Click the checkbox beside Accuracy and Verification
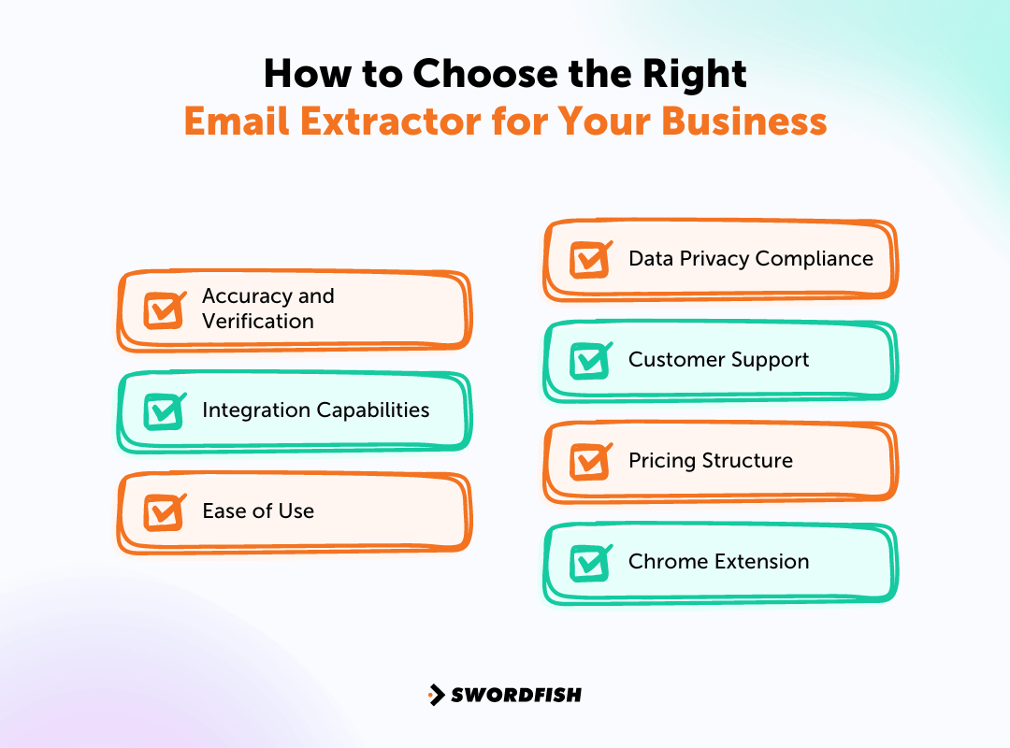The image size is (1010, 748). point(164,309)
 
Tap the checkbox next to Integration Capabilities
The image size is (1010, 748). point(164,410)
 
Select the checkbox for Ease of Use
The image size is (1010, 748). point(164,511)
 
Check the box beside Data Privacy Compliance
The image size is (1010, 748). point(590,259)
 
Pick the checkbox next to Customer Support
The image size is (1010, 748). point(590,360)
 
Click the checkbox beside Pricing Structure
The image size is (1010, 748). point(590,461)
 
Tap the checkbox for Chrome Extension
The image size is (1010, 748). point(590,562)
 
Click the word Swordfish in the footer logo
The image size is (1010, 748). point(516,695)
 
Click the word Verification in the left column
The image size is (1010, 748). point(258,322)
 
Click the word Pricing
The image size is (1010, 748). point(661,461)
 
